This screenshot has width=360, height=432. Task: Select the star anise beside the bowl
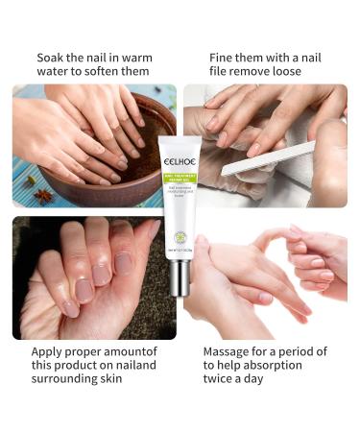point(44,196)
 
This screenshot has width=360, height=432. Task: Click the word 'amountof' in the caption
point(126,351)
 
